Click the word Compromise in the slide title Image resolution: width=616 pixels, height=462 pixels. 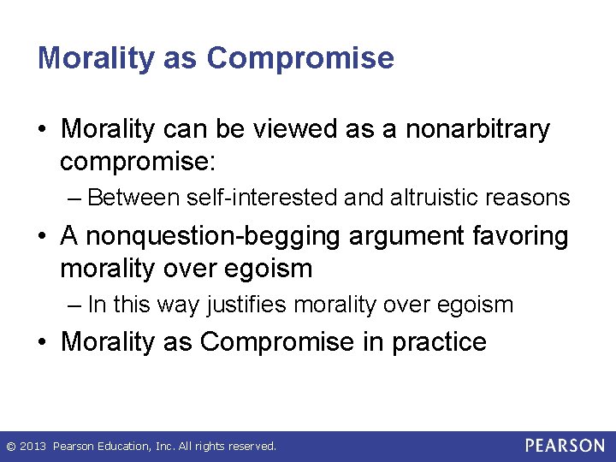[300, 58]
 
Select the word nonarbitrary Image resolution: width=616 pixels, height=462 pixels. [477, 130]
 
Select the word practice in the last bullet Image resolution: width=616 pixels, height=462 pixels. [439, 342]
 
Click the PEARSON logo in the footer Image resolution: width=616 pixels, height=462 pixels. [565, 446]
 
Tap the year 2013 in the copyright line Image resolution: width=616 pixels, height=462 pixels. [33, 447]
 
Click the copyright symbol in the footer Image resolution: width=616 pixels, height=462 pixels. [10, 447]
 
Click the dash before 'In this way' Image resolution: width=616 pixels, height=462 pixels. [74, 305]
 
